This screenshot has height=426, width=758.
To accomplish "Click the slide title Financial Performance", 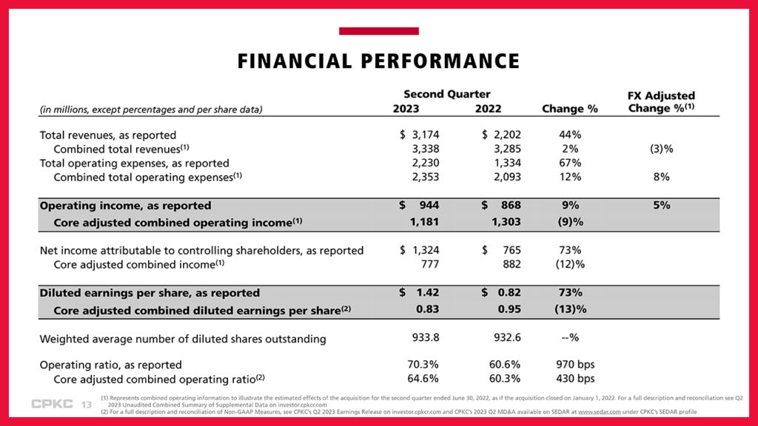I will pyautogui.click(x=378, y=61).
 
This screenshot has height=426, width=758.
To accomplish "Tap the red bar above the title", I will pyautogui.click(x=378, y=31).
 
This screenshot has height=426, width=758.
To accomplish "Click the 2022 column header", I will pyautogui.click(x=488, y=109).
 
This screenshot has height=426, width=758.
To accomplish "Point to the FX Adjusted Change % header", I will pyautogui.click(x=661, y=102).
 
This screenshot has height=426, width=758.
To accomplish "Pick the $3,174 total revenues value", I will pyautogui.click(x=419, y=135).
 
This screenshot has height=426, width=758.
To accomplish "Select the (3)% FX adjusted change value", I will pyautogui.click(x=661, y=149).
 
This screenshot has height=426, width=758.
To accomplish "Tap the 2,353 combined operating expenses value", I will pyautogui.click(x=424, y=177).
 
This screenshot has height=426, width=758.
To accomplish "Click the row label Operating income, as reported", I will pyautogui.click(x=125, y=206).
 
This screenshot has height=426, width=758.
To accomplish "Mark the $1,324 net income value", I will pyautogui.click(x=419, y=251).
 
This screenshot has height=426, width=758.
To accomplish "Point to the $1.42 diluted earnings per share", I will pyautogui.click(x=420, y=294).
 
